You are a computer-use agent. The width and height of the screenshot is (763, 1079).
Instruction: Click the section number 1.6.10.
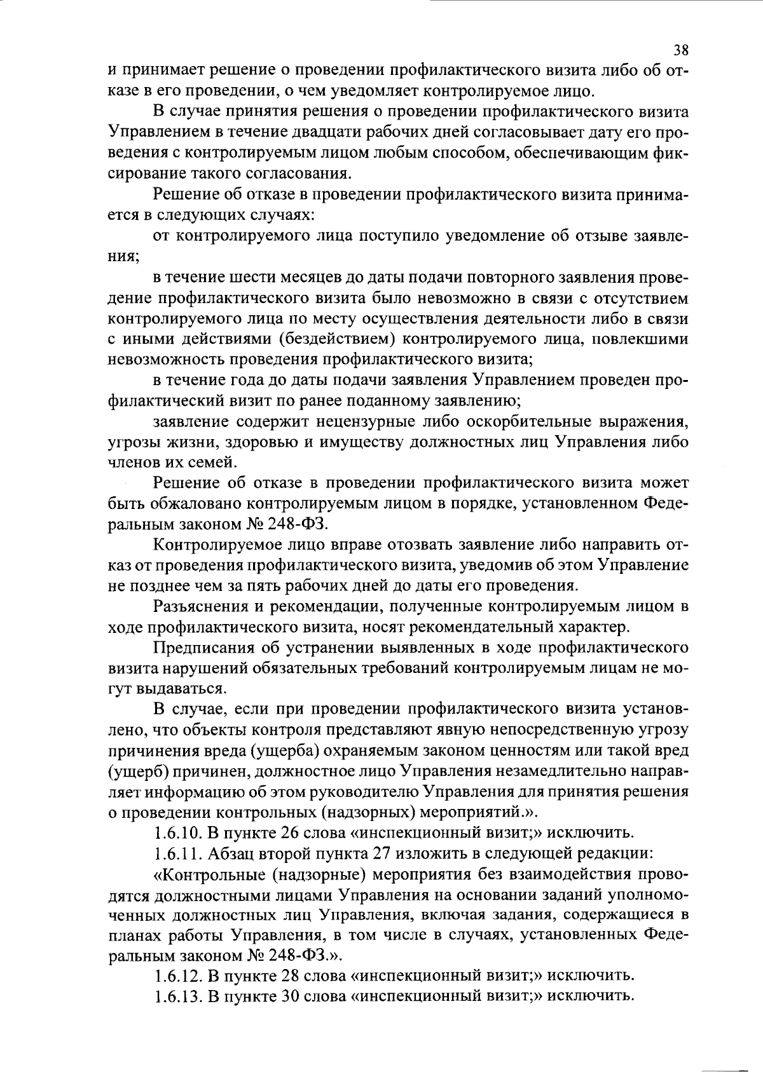coord(174,832)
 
